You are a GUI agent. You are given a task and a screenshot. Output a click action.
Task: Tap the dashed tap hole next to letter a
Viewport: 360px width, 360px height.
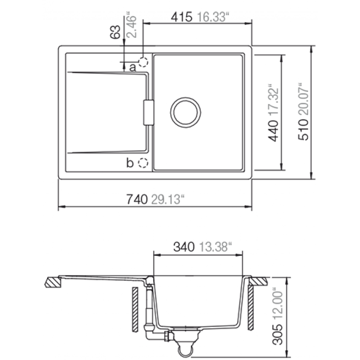point(143,62)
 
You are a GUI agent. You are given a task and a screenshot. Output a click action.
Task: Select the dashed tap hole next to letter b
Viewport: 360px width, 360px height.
point(143,163)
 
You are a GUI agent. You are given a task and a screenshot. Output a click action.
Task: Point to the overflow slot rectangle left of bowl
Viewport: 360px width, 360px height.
point(148,113)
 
